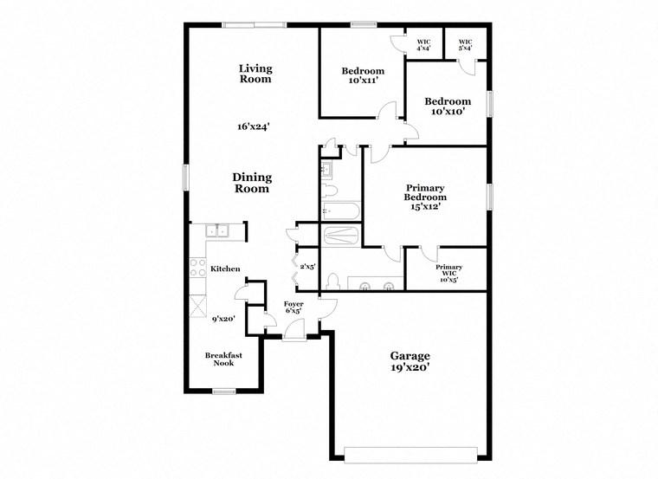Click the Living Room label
(255, 74)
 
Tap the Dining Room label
(251, 183)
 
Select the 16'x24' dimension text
(254, 126)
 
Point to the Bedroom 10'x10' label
(448, 107)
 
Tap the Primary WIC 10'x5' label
(448, 273)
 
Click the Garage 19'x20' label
(410, 361)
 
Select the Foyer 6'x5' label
(294, 308)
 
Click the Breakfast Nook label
(223, 359)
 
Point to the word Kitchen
(225, 269)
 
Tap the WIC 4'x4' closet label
(423, 44)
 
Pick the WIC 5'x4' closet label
(465, 44)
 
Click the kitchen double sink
(216, 230)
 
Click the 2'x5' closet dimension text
(307, 267)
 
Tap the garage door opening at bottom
(410, 453)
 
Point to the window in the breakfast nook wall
(223, 391)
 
